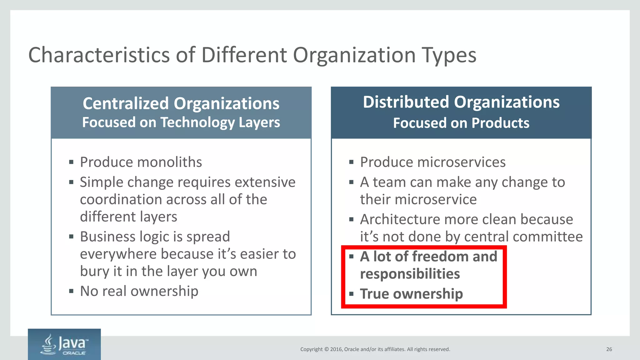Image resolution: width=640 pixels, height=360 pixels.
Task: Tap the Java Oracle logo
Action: [x=64, y=345]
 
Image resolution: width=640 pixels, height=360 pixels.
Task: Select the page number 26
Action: [x=609, y=349]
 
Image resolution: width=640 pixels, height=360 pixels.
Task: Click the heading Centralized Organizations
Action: [x=181, y=103]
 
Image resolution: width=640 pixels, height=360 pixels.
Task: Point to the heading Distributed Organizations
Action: [x=461, y=102]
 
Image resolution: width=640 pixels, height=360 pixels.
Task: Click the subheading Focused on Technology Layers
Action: [x=181, y=122]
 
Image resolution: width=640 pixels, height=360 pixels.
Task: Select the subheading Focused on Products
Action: [x=461, y=123]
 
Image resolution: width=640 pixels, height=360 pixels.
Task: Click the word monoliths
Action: [x=169, y=162]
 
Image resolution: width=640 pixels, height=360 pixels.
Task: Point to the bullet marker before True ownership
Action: [x=351, y=294]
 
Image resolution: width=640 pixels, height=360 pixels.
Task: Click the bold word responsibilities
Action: [x=410, y=274]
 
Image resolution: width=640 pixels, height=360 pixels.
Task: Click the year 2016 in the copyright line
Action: [x=336, y=349]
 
